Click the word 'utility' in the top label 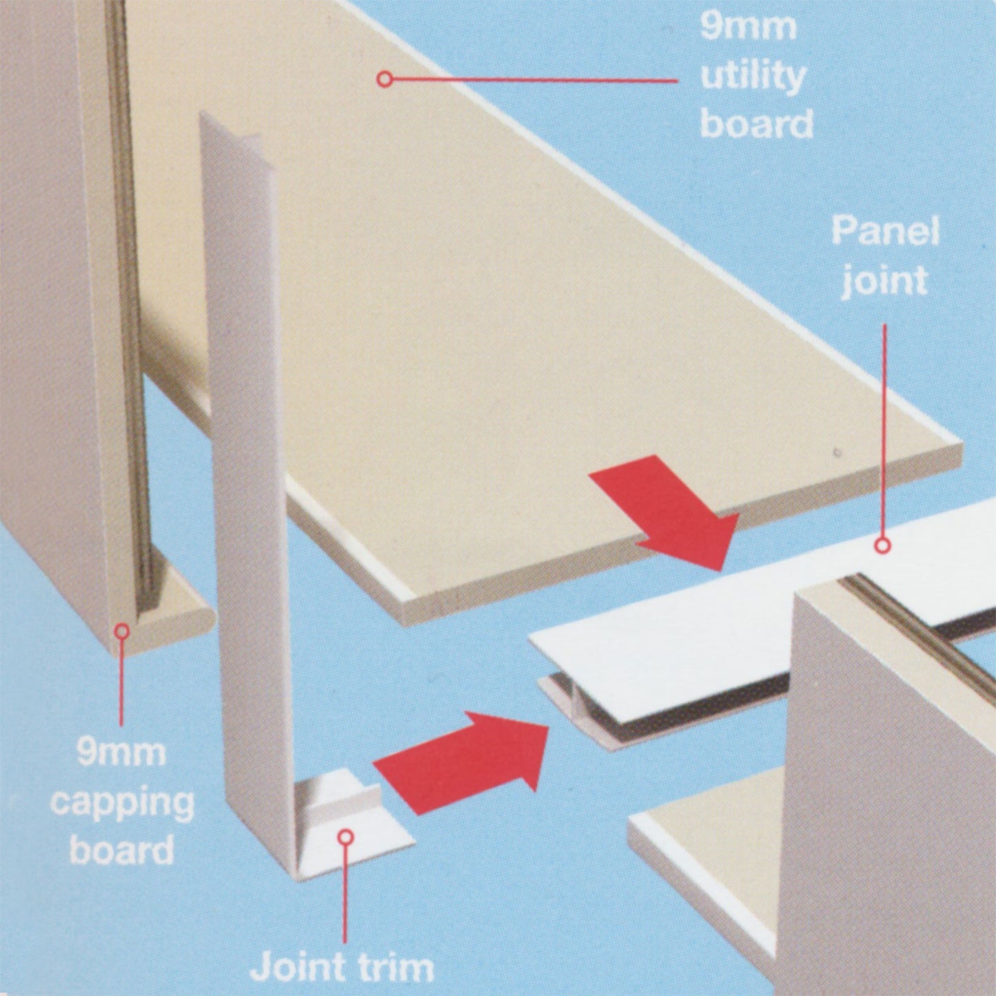(753, 77)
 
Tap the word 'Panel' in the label (884, 232)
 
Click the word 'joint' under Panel (884, 281)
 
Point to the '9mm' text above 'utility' (748, 28)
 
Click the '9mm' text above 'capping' (121, 751)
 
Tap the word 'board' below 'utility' (756, 124)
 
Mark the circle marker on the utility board (385, 79)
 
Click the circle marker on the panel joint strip (882, 546)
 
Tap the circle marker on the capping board (122, 630)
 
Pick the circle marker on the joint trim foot (346, 837)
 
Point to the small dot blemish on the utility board (836, 453)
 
